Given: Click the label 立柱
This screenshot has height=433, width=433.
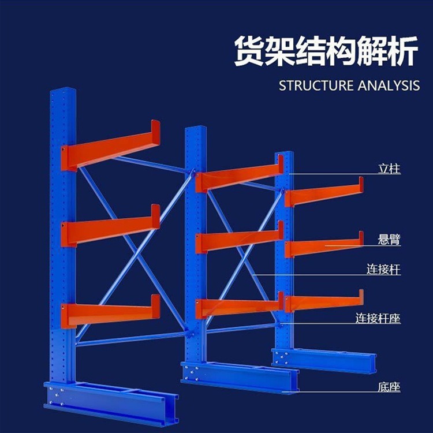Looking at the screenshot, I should coord(389,169).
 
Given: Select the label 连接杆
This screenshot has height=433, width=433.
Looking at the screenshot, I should coord(383,270).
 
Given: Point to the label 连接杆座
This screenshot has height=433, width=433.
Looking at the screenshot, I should coord(378,318).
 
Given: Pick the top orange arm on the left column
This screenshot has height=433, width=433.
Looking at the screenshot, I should coord(110,147).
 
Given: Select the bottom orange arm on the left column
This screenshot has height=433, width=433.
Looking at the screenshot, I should coord(110,312).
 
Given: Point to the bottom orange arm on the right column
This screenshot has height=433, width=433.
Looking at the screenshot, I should coord(323,302).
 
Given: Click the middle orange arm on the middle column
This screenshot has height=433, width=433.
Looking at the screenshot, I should coord(237,240).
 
